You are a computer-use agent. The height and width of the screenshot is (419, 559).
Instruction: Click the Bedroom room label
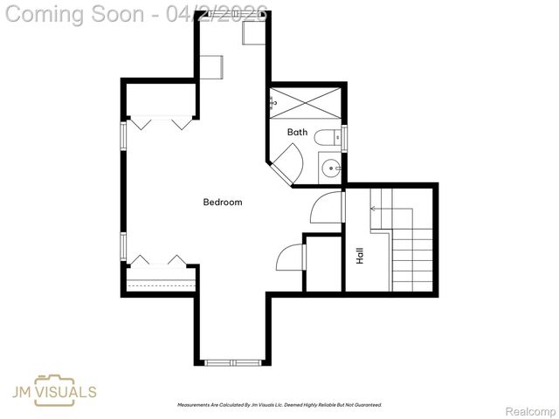click(222, 203)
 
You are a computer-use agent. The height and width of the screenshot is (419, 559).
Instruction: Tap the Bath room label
click(298, 133)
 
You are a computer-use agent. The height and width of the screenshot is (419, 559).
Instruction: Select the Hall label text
click(359, 256)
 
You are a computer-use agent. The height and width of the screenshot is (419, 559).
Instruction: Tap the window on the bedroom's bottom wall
click(231, 361)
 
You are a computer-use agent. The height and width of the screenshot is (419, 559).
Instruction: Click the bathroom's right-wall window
click(345, 138)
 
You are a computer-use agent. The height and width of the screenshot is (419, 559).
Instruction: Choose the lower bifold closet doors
click(159, 262)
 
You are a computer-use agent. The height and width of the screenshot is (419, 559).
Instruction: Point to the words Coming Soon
click(74, 14)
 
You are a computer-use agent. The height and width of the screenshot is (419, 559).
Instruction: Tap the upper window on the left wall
click(124, 135)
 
